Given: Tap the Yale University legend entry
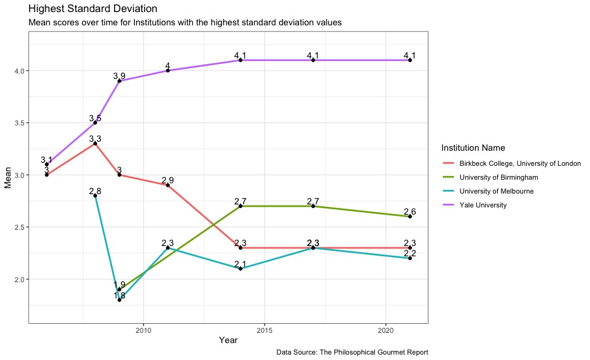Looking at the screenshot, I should click(x=482, y=205).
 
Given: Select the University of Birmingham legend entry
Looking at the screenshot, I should click(x=498, y=177).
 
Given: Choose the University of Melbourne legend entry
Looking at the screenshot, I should click(x=496, y=191).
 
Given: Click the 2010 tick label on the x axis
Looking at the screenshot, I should click(x=143, y=330).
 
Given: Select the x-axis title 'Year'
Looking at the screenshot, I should click(x=228, y=341).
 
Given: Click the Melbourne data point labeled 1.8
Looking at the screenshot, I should click(x=119, y=300).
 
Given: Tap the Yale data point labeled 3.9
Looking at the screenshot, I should click(x=119, y=81).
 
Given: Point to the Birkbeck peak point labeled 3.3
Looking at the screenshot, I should click(x=95, y=144).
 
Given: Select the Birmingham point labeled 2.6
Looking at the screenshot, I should click(x=410, y=216).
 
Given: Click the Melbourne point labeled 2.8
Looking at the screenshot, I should click(x=95, y=195).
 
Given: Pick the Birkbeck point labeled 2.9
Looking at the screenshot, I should click(x=168, y=185).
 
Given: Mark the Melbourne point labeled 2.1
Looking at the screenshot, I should click(x=240, y=268).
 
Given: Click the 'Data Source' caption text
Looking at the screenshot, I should click(x=352, y=352).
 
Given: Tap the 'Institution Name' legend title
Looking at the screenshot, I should click(x=472, y=148).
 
